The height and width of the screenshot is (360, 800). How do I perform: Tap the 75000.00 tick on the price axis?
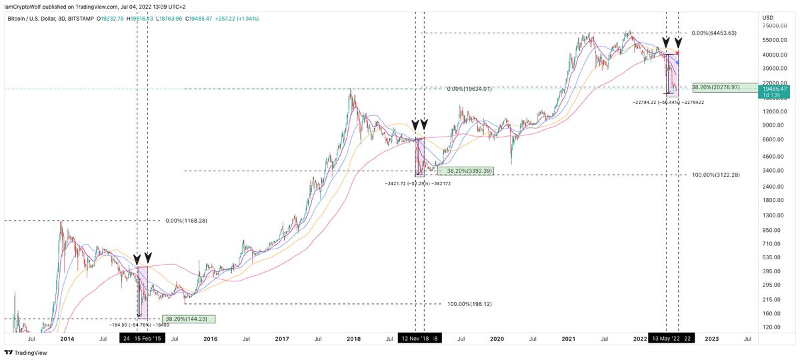[x=773, y=25]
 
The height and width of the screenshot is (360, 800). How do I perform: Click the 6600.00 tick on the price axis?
[x=771, y=139]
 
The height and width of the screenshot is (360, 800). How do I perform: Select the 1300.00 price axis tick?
[x=771, y=215]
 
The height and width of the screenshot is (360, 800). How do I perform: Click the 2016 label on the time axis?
[x=210, y=339]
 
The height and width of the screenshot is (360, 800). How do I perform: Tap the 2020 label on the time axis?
[x=496, y=339]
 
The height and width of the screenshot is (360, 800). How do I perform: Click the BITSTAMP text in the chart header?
[x=81, y=18]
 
